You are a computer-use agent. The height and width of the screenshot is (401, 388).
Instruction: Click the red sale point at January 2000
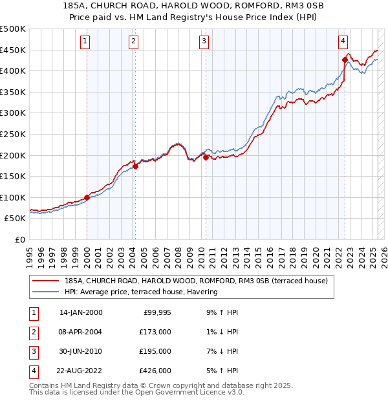point(87,197)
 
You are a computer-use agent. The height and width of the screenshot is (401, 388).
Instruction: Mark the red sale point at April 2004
point(135,166)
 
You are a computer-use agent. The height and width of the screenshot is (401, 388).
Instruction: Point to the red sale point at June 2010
point(206,157)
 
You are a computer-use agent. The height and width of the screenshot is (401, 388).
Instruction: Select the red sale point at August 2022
point(345,60)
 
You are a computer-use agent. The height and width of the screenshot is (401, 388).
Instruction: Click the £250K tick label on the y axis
point(13,134)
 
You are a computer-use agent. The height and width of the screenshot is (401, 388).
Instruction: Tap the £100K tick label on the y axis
point(13,197)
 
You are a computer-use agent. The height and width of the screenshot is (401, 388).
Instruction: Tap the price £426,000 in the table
point(156,371)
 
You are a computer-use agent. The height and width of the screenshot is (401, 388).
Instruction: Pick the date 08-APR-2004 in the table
point(80,332)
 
